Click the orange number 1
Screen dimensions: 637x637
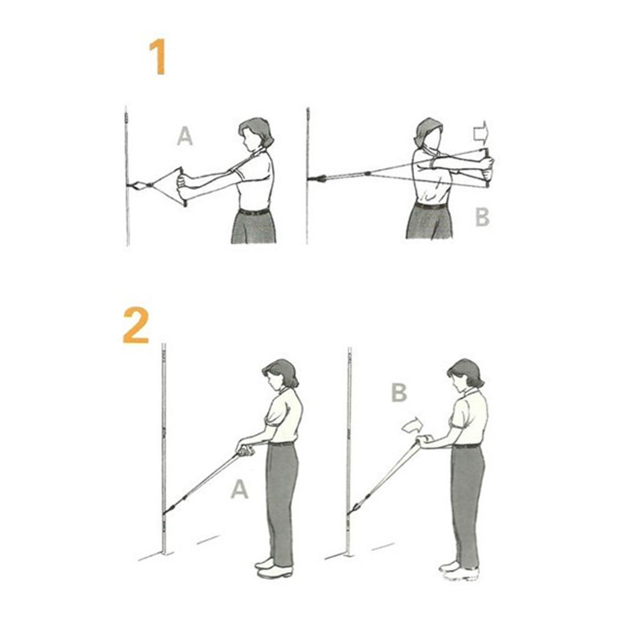pos(157,57)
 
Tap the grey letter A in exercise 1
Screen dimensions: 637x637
pos(184,136)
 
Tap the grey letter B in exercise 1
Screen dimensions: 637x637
pos(481,217)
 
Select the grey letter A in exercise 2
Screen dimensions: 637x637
pos(239,489)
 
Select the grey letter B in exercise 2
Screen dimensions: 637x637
pos(398,393)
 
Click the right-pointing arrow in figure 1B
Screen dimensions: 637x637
pos(480,132)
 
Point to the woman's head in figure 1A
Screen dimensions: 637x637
pos(254,134)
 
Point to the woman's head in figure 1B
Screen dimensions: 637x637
pos(428,133)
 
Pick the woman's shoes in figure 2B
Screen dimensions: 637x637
pos(459,570)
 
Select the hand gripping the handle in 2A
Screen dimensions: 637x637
pos(245,448)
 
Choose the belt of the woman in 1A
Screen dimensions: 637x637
pos(254,212)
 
